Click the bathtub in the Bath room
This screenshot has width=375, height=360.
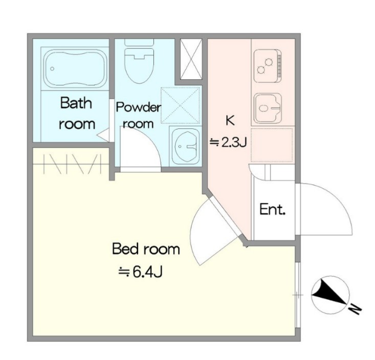click(75, 69)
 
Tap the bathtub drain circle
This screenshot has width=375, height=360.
click(52, 69)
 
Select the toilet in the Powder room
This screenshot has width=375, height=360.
click(139, 61)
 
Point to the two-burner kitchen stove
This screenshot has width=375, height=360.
click(268, 65)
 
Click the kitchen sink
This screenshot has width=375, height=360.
click(268, 108)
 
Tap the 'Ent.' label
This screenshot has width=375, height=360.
click(273, 209)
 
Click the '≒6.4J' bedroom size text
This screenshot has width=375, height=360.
click(141, 272)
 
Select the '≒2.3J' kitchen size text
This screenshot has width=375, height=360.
click(228, 143)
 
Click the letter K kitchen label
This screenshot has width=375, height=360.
click(230, 121)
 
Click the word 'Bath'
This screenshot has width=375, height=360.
click(76, 103)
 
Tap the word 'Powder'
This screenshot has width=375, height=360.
click(138, 107)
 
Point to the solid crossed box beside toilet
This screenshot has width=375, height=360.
click(191, 59)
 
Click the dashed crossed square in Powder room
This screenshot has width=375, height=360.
click(180, 105)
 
